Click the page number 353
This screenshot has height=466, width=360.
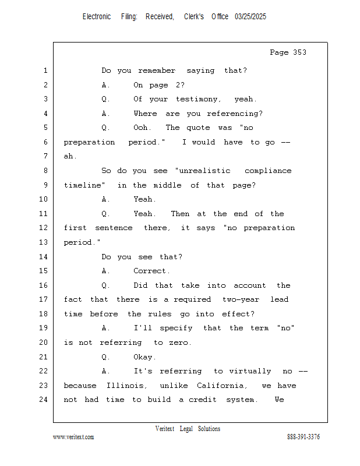click(x=299, y=52)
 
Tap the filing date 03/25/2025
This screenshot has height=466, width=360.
click(x=250, y=17)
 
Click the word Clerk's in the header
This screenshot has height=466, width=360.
click(x=194, y=17)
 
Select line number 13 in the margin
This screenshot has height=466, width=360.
click(x=44, y=242)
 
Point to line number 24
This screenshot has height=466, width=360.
click(x=44, y=400)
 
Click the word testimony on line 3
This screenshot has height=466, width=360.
click(x=198, y=99)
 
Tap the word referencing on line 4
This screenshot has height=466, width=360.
click(x=235, y=114)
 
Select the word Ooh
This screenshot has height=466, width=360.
click(x=142, y=128)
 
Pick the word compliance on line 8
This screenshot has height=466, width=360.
click(x=268, y=171)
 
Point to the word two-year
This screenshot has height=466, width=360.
click(x=241, y=299)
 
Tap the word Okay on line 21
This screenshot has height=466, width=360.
click(x=144, y=357)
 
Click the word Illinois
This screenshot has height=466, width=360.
click(x=127, y=386)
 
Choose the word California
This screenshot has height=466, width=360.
click(x=222, y=386)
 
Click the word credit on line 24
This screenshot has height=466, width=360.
click(x=203, y=400)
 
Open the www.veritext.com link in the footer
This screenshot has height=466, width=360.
click(x=73, y=437)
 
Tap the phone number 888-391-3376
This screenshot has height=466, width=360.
click(x=303, y=437)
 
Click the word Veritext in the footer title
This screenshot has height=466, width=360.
click(x=165, y=429)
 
